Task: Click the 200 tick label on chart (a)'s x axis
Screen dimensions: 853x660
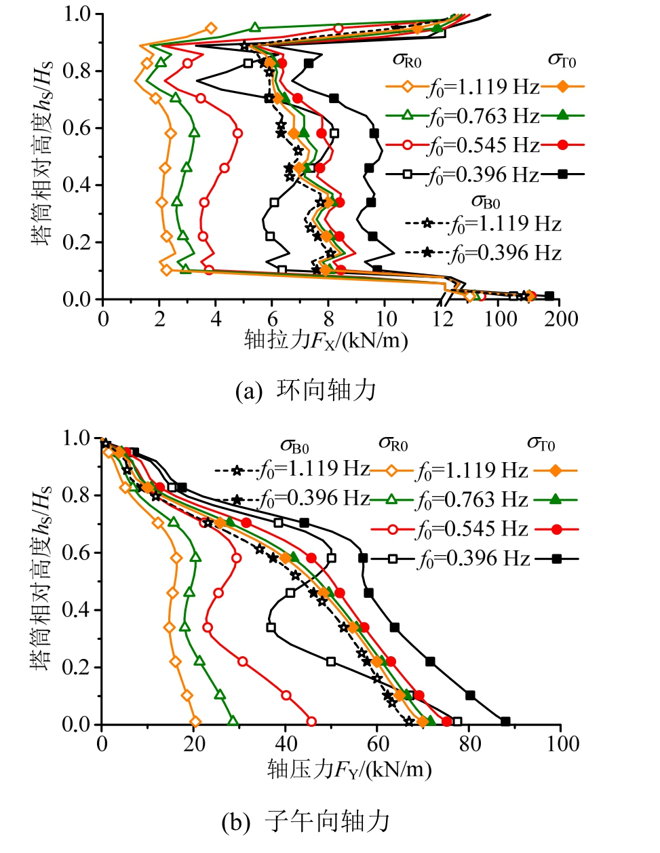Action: (560, 319)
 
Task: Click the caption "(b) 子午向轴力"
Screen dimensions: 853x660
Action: (306, 822)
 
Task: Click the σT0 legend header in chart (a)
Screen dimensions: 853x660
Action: (562, 61)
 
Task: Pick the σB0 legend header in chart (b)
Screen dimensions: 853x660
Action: (294, 446)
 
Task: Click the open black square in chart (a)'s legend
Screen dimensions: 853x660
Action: (407, 174)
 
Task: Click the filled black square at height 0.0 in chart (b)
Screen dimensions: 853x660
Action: (505, 721)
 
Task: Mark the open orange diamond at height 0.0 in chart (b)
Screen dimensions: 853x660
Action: (195, 722)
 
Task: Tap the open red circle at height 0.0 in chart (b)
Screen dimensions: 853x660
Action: (311, 721)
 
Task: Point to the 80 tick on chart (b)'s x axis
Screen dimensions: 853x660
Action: (469, 744)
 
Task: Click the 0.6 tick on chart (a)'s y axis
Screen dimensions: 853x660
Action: (77, 128)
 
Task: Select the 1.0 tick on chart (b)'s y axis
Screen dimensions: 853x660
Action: (77, 438)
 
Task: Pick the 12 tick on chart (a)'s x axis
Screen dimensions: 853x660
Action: (442, 319)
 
